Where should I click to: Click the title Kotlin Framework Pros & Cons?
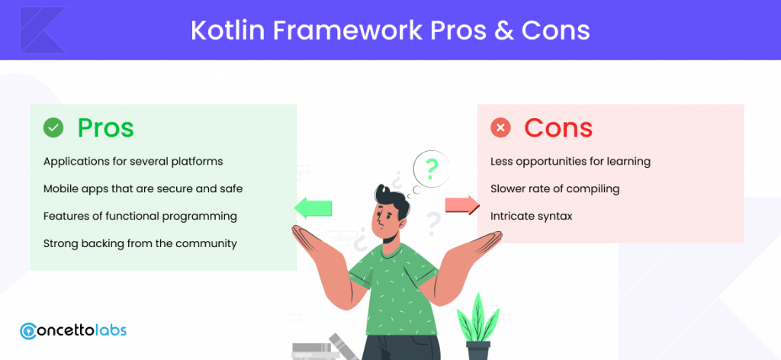point(390,31)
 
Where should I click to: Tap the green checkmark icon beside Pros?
point(53,128)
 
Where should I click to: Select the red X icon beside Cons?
point(500,128)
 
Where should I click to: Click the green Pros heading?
point(105,128)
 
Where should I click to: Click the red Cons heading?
point(558,128)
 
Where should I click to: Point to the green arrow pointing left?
point(313,207)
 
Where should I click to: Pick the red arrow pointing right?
point(461,204)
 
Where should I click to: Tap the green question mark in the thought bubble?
point(432,169)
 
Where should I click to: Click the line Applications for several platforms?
point(133,162)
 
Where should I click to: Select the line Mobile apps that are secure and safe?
point(143,188)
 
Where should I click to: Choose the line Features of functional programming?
point(140,216)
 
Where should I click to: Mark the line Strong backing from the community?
point(140,243)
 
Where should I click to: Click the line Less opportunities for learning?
point(570,162)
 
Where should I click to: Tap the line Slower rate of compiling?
point(555,188)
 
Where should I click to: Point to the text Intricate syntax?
point(532,216)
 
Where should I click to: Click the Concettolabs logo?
point(73,330)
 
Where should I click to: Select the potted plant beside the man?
point(477,326)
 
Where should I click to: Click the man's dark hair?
point(392,198)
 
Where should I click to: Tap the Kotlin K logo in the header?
point(43,30)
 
